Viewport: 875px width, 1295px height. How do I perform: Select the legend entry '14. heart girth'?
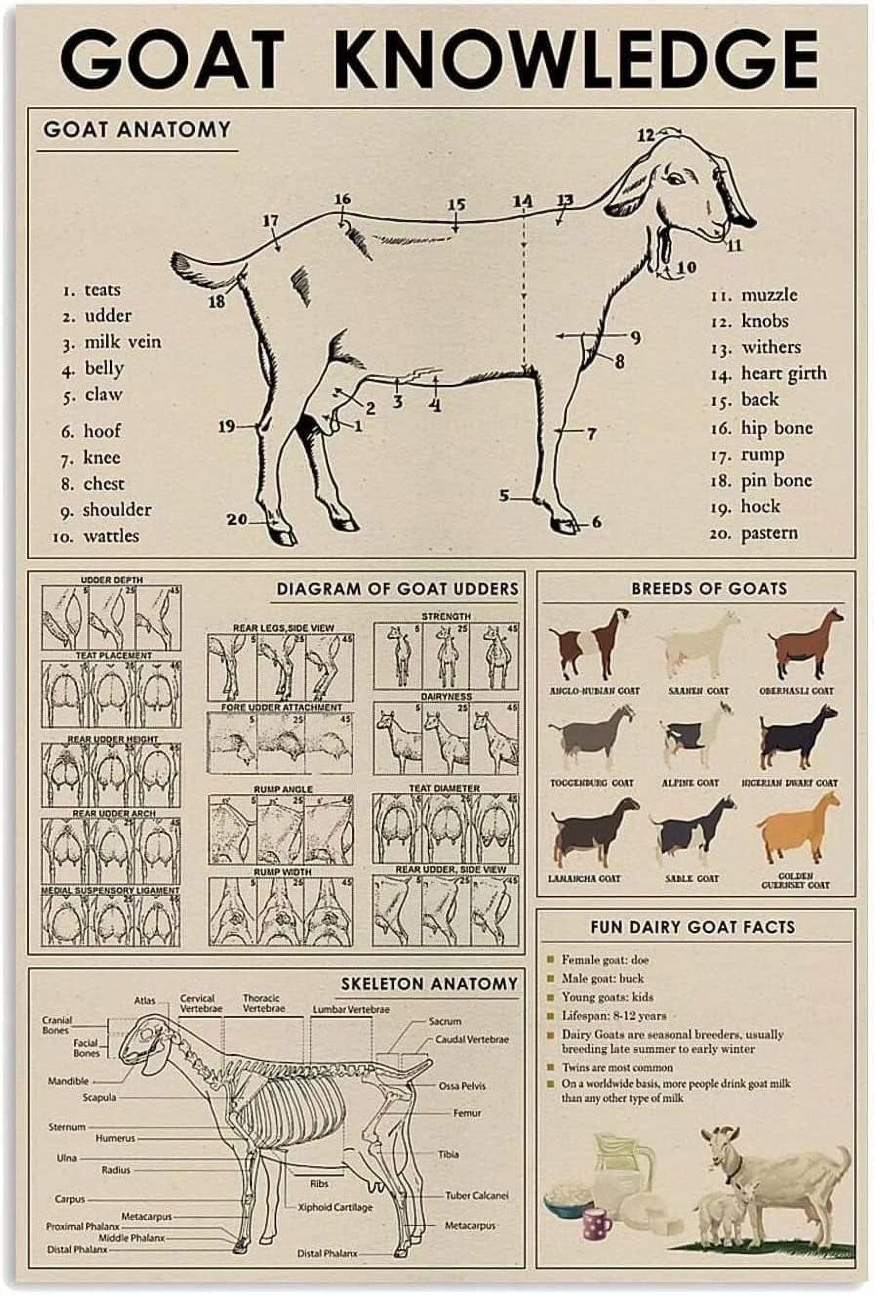pyautogui.click(x=768, y=374)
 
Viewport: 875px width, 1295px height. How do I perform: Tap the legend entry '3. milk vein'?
pyautogui.click(x=112, y=342)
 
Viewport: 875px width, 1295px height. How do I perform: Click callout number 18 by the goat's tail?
pyautogui.click(x=217, y=302)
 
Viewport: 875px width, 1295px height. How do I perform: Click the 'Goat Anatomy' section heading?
pyautogui.click(x=137, y=129)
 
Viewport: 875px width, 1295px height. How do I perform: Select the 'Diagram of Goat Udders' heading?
pyautogui.click(x=398, y=589)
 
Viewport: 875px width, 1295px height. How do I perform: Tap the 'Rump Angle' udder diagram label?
pyautogui.click(x=282, y=789)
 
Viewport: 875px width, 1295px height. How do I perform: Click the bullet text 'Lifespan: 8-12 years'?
pyautogui.click(x=613, y=1015)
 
